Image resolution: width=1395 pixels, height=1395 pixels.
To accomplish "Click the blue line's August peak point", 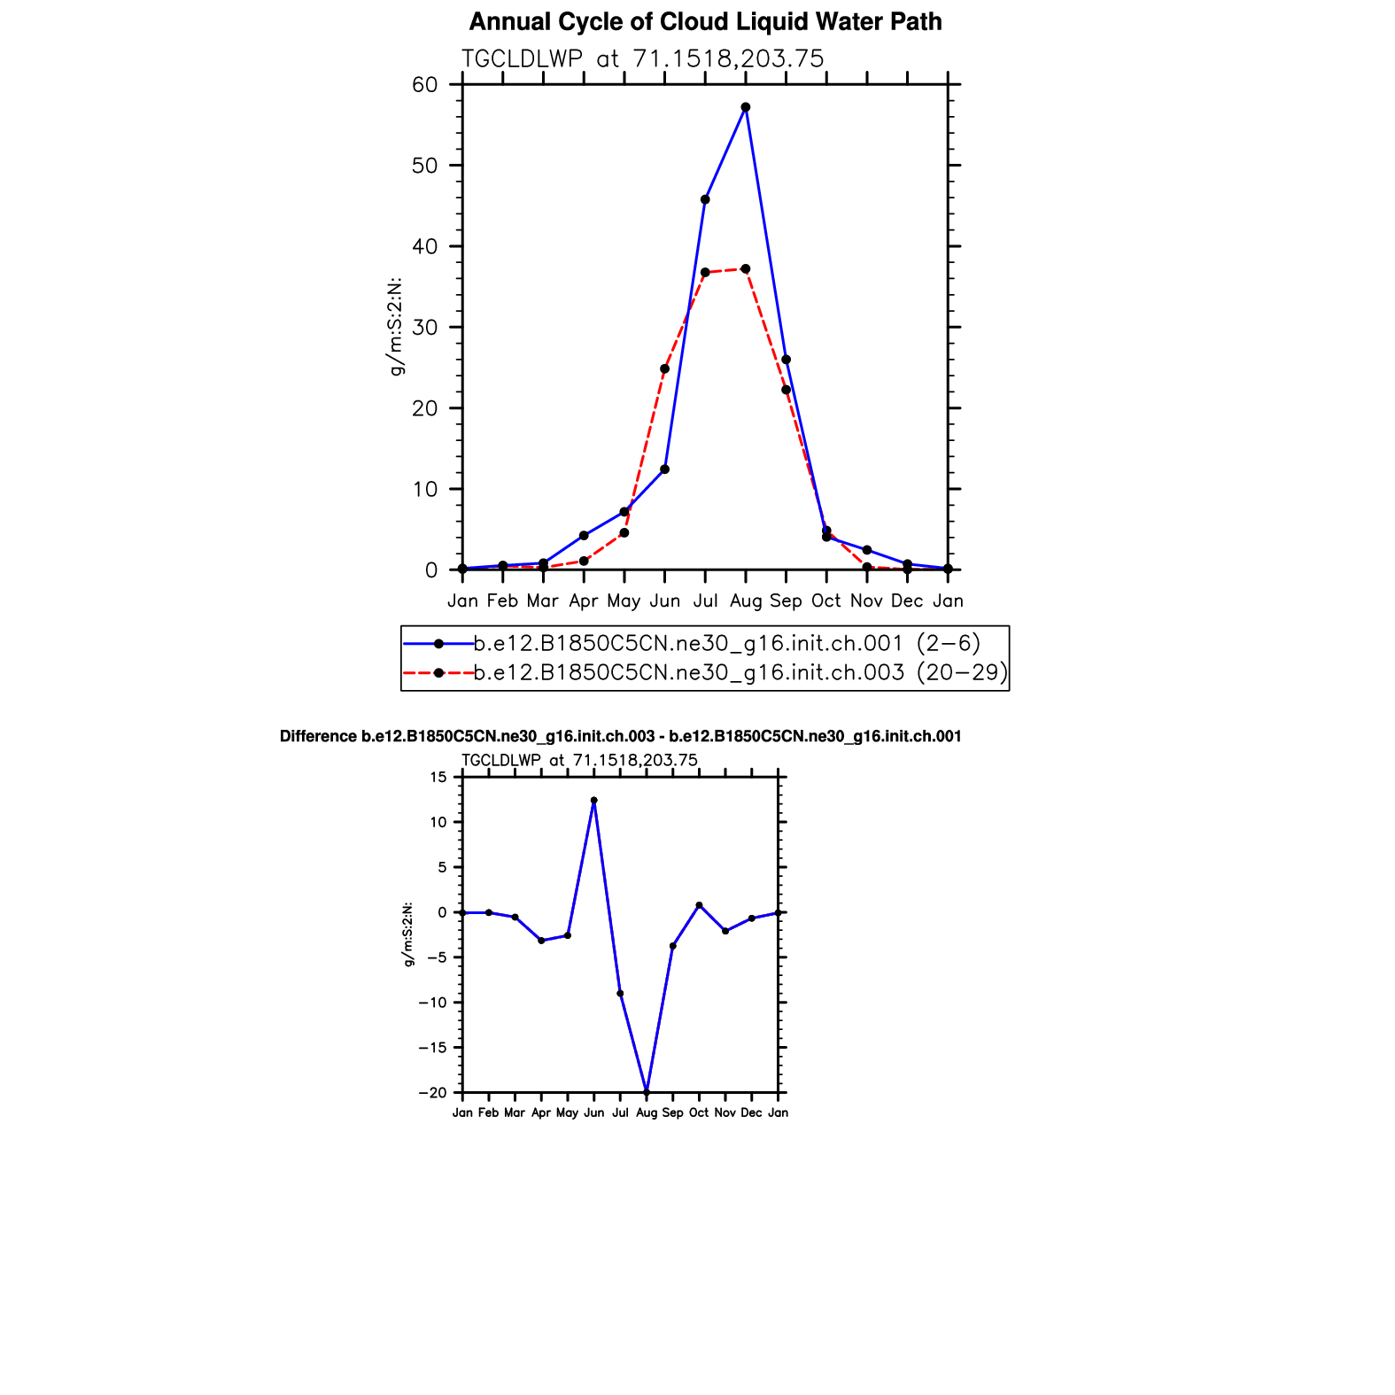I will (746, 107).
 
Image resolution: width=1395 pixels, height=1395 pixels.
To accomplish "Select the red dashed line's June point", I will (664, 368).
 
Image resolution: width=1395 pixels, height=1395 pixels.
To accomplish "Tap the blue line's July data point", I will (705, 199).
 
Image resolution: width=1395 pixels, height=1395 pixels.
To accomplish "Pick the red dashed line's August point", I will (746, 268).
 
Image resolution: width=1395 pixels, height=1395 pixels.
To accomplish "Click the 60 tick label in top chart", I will (425, 85).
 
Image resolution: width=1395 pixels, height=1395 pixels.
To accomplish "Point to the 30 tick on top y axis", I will (425, 328).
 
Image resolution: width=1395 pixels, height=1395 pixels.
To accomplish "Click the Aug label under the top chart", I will (746, 601).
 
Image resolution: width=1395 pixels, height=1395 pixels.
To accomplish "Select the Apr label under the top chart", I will (584, 601).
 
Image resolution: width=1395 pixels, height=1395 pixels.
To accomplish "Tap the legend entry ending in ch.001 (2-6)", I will (727, 643).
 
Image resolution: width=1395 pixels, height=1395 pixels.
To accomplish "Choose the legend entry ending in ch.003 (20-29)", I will (740, 673).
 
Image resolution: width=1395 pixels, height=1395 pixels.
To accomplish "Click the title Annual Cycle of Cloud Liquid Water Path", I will (705, 22).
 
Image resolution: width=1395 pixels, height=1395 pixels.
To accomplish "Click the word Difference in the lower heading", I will (318, 737).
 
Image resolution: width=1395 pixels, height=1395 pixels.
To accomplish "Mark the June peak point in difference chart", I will (593, 801).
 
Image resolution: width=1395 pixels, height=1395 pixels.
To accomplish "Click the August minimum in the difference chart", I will (647, 1092).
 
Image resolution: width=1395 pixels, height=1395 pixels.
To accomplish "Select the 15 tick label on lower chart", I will (438, 778).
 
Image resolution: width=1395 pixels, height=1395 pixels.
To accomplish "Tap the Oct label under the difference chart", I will (699, 1112).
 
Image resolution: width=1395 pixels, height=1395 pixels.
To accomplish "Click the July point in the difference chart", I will (620, 994).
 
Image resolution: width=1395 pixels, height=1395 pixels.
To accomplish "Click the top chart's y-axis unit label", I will (397, 327).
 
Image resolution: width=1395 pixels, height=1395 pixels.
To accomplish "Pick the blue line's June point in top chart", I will (664, 469).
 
